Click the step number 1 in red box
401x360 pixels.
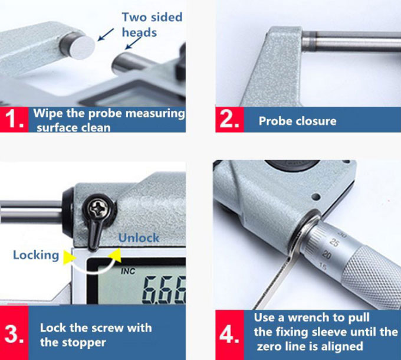tap(14, 119)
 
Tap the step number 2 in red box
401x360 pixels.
tap(229, 119)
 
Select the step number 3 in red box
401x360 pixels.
tap(14, 335)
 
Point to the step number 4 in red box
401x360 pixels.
tap(229, 335)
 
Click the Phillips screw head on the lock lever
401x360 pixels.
tap(99, 209)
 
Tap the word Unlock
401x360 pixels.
tap(139, 238)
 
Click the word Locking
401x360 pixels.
tap(36, 256)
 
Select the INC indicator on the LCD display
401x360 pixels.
tap(128, 271)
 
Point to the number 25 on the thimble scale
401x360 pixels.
tap(334, 242)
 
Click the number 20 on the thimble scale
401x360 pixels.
tap(327, 255)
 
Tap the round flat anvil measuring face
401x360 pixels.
tap(83, 48)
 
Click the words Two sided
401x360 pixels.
tap(152, 17)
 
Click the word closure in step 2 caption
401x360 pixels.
tap(315, 121)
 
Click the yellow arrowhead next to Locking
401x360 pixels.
tap(69, 256)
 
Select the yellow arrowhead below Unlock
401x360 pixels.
tap(115, 254)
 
